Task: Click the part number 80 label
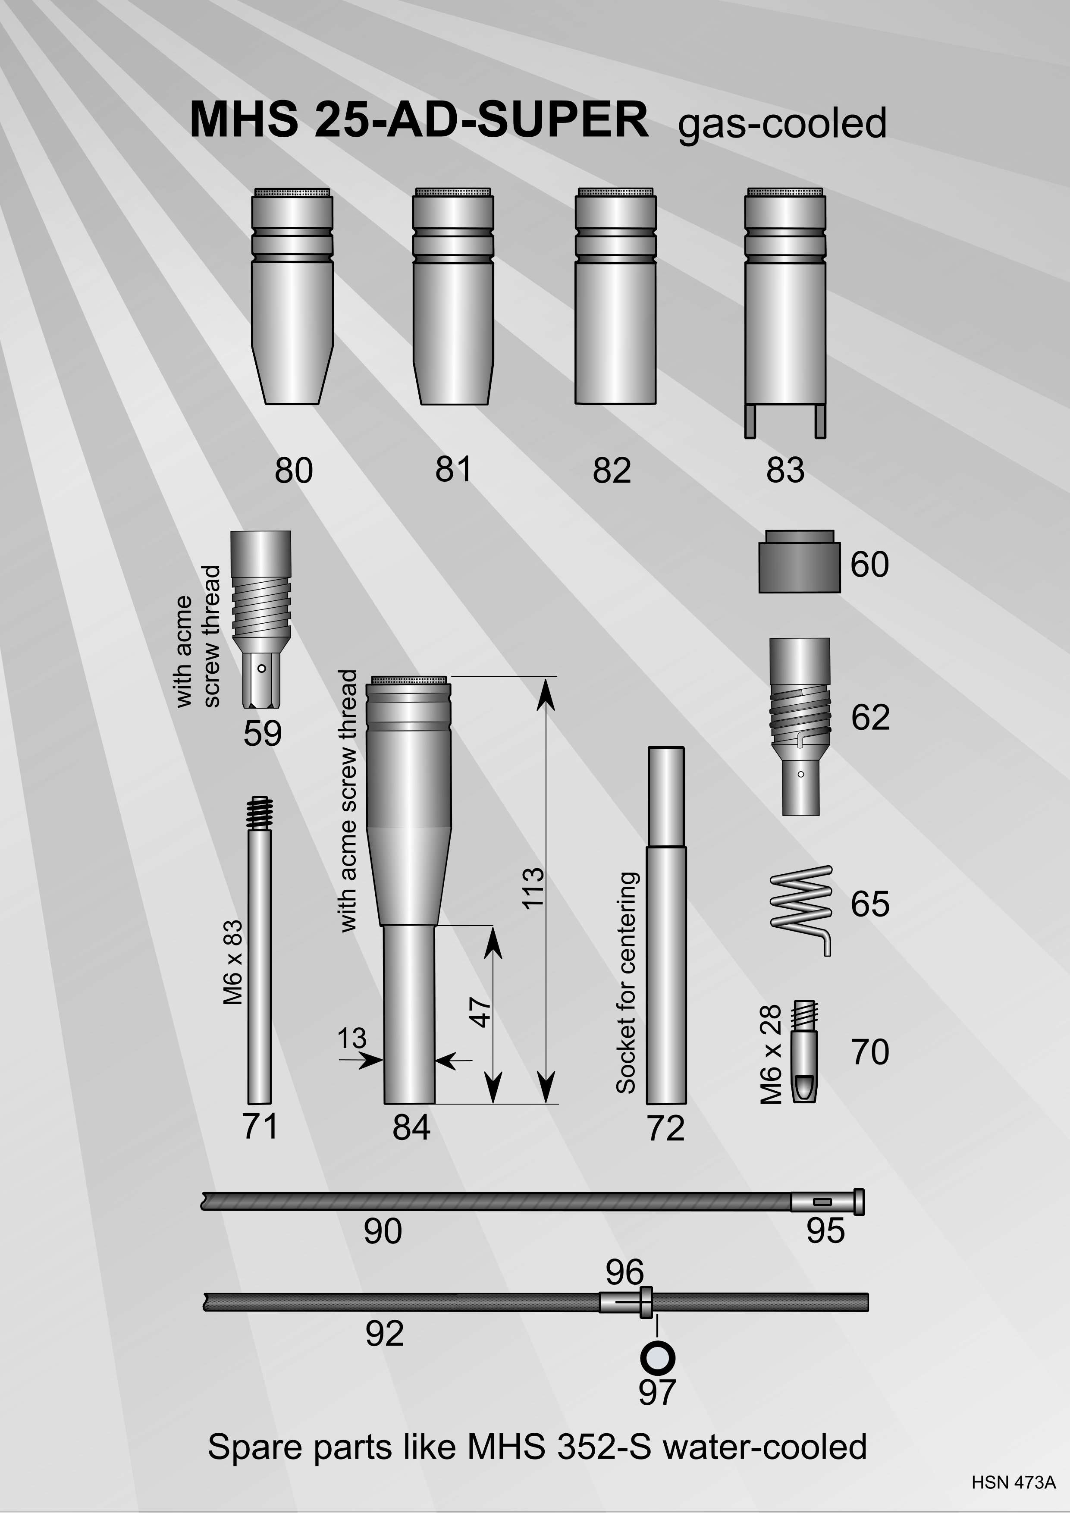point(293,471)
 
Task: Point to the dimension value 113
point(533,888)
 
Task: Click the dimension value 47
point(482,1013)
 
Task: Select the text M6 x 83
point(232,962)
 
